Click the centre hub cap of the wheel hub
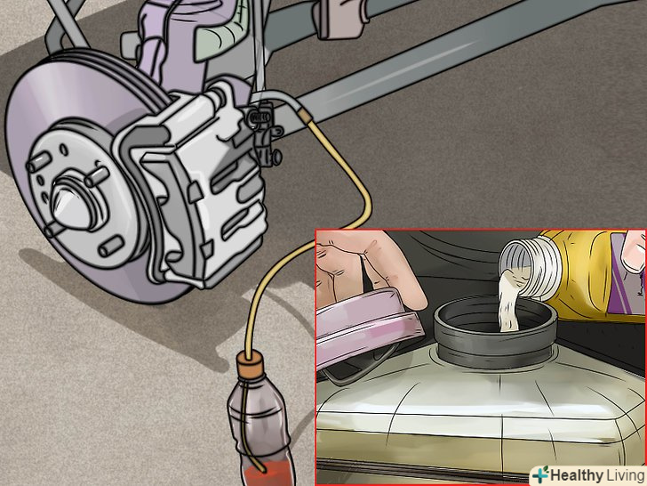click(x=72, y=206)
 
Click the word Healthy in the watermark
click(x=577, y=474)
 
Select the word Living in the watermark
click(x=624, y=474)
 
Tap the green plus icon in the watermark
click(x=540, y=474)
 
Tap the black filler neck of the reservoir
click(x=494, y=330)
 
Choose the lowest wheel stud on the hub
click(x=110, y=247)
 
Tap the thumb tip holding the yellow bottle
click(x=634, y=253)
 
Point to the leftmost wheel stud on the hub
click(x=39, y=162)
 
